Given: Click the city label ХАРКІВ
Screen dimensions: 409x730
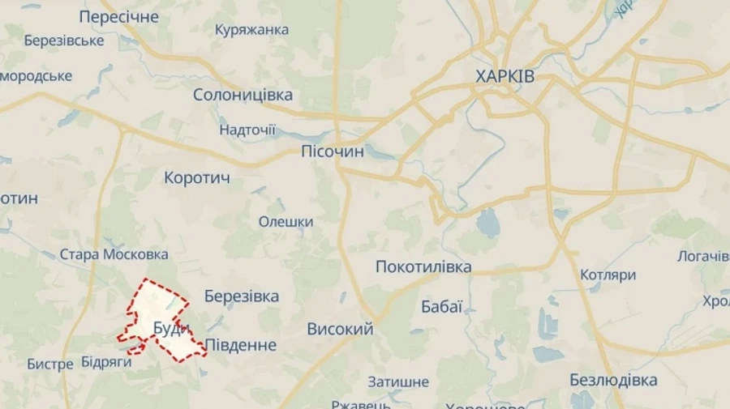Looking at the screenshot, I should click(x=505, y=77).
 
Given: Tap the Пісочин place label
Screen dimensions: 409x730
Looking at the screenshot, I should click(x=333, y=151).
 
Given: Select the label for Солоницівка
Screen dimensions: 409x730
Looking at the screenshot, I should click(x=243, y=95).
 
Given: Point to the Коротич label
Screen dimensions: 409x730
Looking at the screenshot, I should click(x=197, y=177).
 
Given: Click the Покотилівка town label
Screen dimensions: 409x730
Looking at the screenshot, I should click(x=423, y=266).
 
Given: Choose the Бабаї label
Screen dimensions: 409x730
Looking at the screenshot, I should click(x=442, y=306).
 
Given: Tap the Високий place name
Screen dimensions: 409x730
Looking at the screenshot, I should click(x=340, y=329).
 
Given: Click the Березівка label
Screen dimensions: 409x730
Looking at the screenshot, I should click(x=242, y=296).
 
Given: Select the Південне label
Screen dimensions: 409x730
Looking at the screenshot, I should click(x=240, y=345).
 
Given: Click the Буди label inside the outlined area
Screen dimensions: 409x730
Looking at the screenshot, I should click(x=171, y=328).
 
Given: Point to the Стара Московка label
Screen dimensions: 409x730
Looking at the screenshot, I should click(x=114, y=254).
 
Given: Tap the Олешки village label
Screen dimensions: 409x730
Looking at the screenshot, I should click(x=286, y=222).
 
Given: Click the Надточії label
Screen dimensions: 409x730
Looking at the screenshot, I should click(x=247, y=130).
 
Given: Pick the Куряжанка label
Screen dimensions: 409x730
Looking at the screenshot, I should click(x=251, y=30).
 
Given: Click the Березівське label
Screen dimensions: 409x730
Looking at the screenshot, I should click(x=64, y=40).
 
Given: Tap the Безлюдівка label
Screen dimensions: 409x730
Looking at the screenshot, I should click(x=613, y=380).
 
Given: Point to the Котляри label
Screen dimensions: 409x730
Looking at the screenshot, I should click(x=608, y=275).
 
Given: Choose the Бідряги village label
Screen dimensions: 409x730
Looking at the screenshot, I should click(x=106, y=362).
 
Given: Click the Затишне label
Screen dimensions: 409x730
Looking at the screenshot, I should click(x=397, y=381).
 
